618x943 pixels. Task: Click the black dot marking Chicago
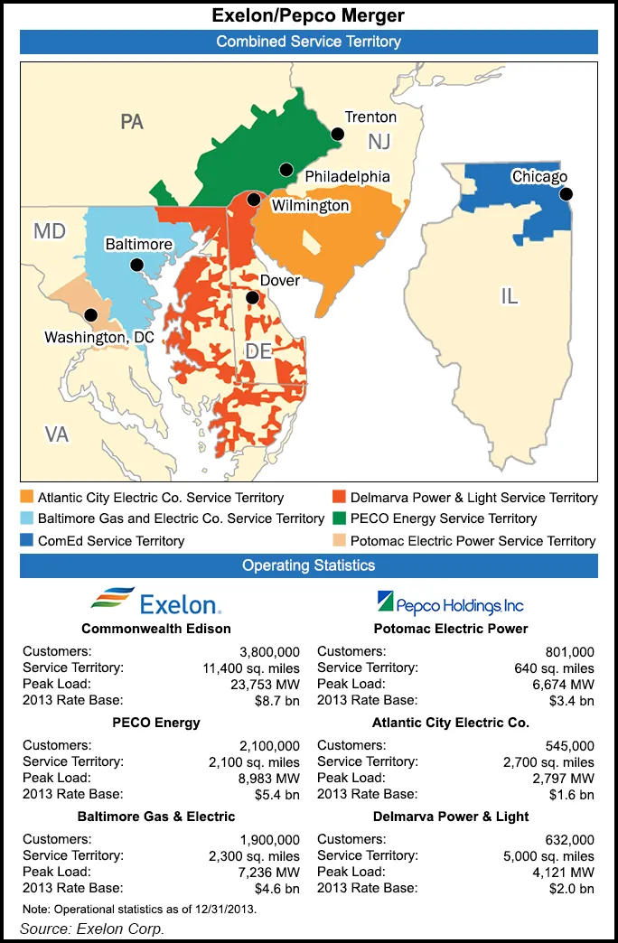566,194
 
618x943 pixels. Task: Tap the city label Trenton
370,117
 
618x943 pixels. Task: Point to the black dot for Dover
253,297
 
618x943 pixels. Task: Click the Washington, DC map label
99,337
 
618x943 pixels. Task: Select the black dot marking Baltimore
136,265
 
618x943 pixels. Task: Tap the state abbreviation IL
510,295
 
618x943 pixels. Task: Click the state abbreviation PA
132,121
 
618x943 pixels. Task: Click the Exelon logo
155,602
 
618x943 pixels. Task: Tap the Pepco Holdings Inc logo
449,602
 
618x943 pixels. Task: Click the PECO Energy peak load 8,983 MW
268,778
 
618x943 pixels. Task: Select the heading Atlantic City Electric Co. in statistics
450,723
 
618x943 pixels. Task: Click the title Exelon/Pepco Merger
308,14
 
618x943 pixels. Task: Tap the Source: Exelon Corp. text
91,929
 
